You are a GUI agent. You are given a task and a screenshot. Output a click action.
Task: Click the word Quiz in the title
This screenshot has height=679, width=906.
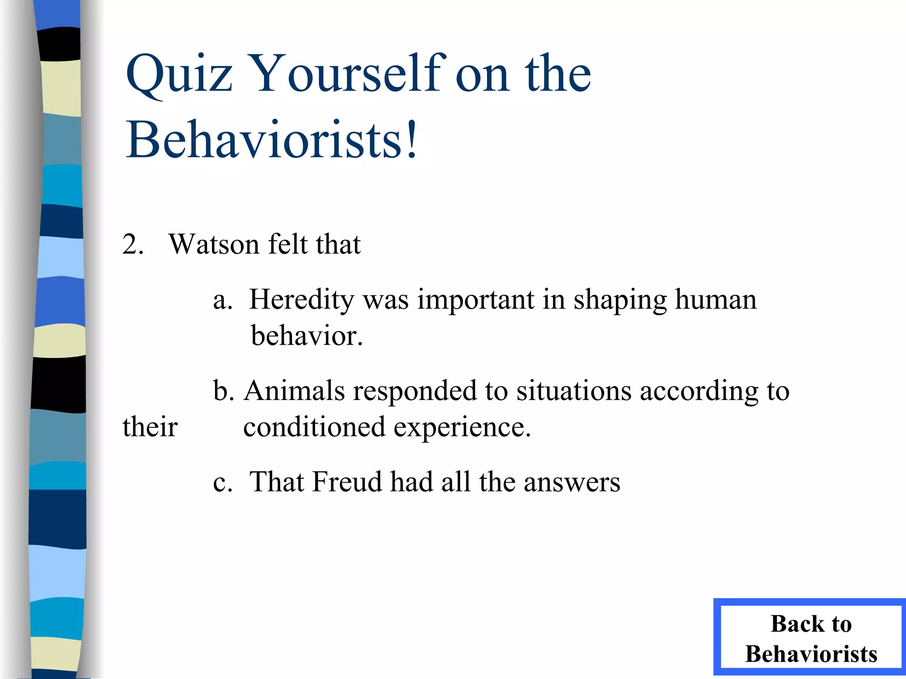click(179, 74)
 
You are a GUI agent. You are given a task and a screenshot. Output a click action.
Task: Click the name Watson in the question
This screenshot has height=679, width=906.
click(214, 244)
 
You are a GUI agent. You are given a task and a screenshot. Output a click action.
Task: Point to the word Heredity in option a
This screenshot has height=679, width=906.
click(301, 300)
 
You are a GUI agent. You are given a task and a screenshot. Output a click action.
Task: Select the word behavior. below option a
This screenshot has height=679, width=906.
click(307, 336)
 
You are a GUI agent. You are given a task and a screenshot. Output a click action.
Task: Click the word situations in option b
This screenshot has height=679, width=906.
click(574, 391)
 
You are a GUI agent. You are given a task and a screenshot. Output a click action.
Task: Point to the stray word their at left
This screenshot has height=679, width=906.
click(150, 427)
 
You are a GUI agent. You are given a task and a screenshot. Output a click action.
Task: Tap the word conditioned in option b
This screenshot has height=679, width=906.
click(314, 427)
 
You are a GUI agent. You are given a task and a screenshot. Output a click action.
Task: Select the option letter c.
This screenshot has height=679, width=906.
click(222, 482)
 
